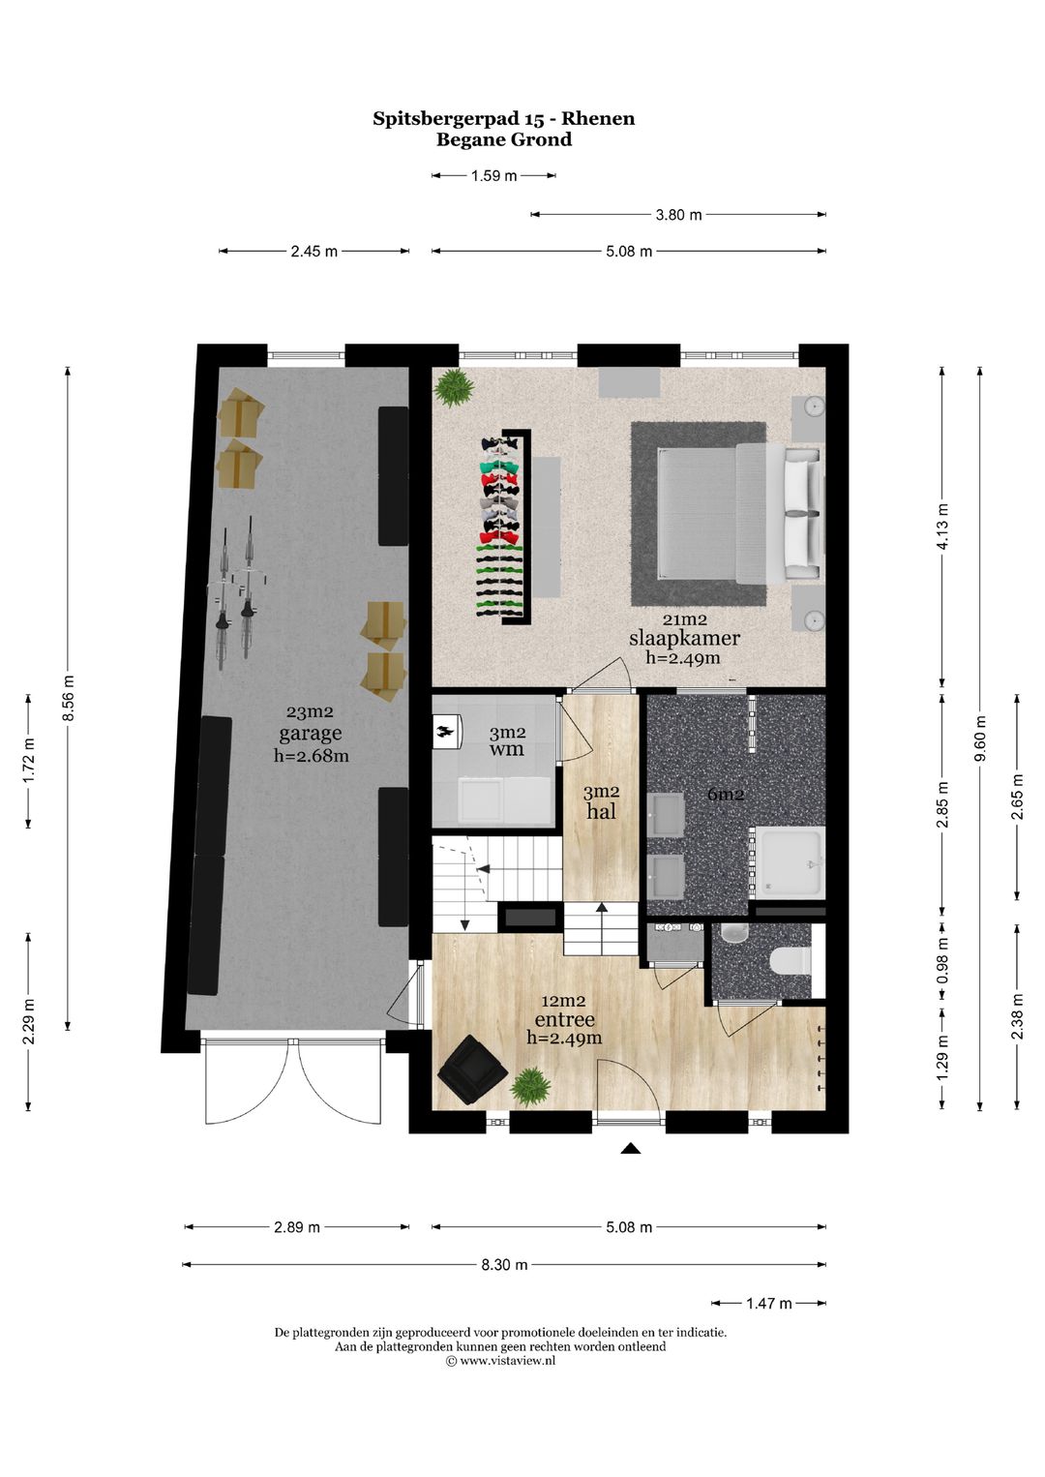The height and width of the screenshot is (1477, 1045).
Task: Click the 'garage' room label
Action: coord(310,734)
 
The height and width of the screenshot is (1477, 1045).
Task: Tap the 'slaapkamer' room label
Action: coord(684,638)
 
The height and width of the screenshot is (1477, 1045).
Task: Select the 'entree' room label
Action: coord(564,1019)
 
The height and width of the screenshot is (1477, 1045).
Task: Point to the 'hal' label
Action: coord(601,811)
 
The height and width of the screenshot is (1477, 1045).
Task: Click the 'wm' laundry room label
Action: coord(506,749)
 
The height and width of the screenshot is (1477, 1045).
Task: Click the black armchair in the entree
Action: coord(471,1070)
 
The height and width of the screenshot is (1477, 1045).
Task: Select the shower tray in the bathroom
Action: coord(789,861)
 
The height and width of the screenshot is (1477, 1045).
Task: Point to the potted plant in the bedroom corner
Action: coord(454,387)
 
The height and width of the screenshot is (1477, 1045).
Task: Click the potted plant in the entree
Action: coord(530,1086)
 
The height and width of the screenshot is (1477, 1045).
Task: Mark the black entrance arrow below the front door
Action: coord(631,1149)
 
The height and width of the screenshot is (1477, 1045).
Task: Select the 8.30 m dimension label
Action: coord(504,1265)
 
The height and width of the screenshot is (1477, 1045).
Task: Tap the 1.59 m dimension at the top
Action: coord(493,176)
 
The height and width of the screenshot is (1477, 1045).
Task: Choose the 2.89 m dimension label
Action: coord(296,1227)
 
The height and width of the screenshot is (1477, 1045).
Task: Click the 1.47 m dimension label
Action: coord(768,1304)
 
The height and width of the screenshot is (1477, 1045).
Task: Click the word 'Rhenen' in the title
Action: coord(598,119)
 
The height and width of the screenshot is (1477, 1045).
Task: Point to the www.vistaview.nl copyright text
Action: coord(501,1360)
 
